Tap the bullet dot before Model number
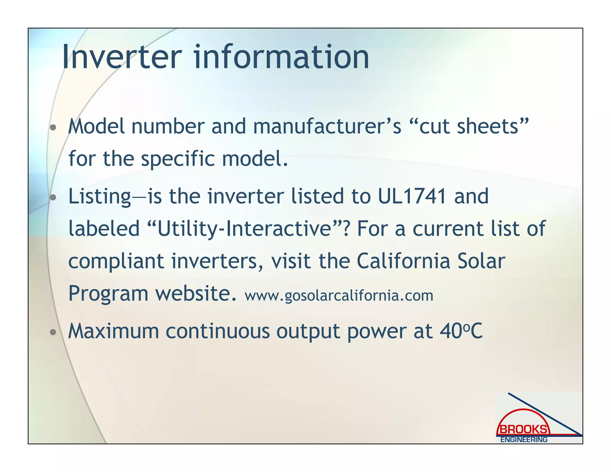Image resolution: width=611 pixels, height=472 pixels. (53, 128)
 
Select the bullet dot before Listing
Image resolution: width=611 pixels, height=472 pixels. (53, 198)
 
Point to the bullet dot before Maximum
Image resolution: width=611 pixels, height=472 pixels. (53, 332)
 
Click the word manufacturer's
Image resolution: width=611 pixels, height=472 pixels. (327, 127)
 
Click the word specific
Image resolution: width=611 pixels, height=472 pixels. (178, 159)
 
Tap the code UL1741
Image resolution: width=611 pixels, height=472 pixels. (412, 196)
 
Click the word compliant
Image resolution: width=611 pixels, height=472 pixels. (116, 262)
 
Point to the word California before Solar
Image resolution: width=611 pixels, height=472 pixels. (403, 261)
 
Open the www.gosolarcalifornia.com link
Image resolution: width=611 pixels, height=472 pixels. (339, 296)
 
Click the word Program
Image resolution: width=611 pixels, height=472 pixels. (108, 294)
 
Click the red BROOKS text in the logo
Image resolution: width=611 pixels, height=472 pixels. (523, 430)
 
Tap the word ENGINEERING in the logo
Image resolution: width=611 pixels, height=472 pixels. (524, 440)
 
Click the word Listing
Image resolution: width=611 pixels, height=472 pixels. (100, 197)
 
